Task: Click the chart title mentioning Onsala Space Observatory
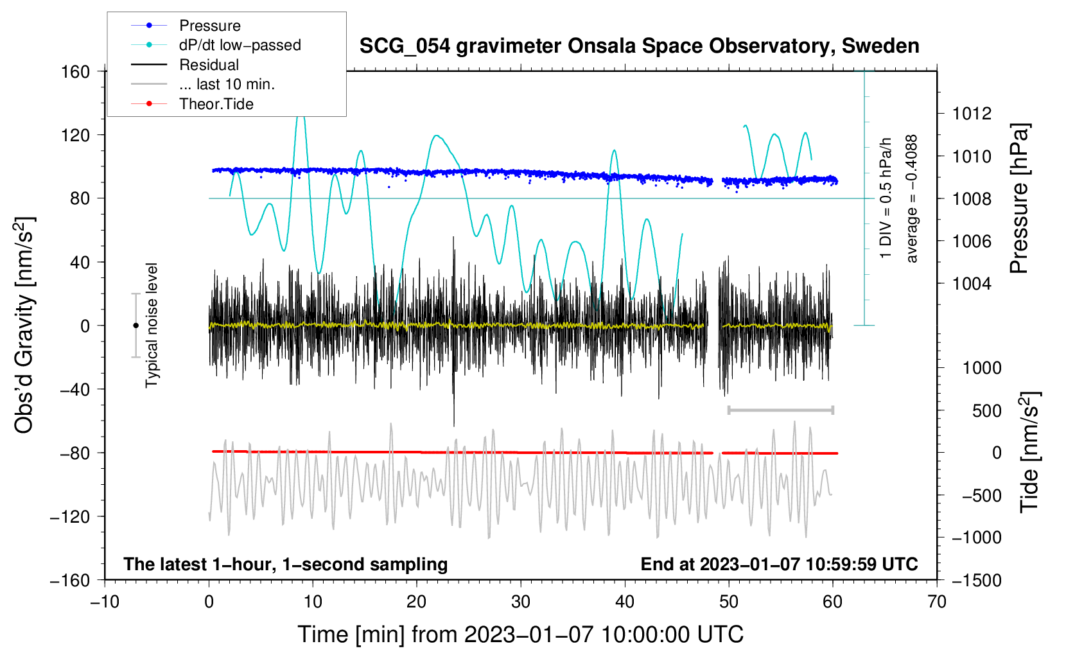point(639,46)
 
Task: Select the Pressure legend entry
point(186,25)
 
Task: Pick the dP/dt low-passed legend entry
point(216,45)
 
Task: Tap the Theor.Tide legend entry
point(192,104)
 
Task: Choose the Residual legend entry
point(185,65)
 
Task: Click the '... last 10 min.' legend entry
point(203,84)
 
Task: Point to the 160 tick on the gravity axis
point(75,72)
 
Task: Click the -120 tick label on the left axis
point(69,516)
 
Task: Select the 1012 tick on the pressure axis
point(972,114)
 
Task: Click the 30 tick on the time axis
point(521,602)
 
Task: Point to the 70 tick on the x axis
point(936,602)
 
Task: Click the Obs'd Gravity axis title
point(24,326)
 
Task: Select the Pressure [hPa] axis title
point(1019,198)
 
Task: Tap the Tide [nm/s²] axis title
point(1029,452)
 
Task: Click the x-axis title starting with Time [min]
point(521,635)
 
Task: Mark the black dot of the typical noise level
point(135,326)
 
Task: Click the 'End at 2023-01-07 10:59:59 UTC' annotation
point(779,564)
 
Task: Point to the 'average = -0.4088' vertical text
point(911,198)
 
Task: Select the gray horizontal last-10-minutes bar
point(780,410)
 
